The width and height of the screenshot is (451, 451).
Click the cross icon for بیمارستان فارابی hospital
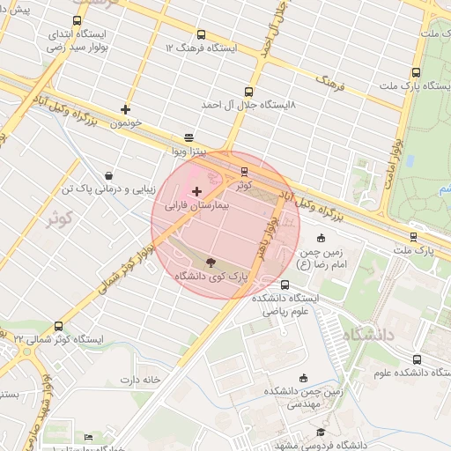[196, 191]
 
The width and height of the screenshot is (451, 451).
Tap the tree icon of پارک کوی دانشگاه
[211, 262]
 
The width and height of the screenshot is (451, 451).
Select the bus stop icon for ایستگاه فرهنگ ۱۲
[202, 34]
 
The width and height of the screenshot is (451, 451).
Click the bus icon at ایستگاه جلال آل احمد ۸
[249, 92]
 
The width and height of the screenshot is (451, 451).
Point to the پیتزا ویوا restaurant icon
[189, 138]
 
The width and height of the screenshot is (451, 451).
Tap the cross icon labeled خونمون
[126, 110]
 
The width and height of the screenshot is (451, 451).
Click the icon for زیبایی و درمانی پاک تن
[108, 175]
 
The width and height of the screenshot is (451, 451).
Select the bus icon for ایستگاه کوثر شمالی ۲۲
[58, 326]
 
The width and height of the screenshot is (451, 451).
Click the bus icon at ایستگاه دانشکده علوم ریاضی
[285, 285]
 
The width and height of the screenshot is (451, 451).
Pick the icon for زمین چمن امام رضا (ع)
[321, 238]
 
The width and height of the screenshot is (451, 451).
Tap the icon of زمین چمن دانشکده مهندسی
[304, 377]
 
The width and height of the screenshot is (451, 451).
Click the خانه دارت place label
[141, 380]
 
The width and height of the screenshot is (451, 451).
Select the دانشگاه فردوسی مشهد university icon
[321, 432]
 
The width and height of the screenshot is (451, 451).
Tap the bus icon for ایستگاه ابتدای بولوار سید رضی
[78, 21]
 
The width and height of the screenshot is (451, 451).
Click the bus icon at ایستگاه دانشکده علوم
[417, 359]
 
